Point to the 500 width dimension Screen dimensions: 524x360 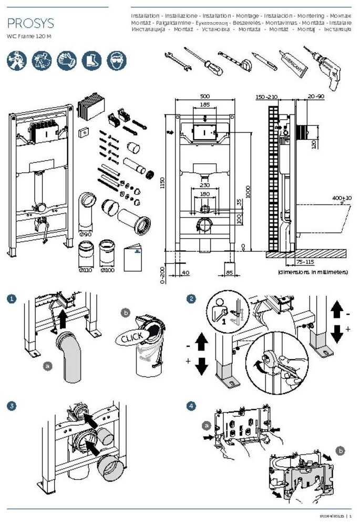pyautogui.click(x=204, y=97)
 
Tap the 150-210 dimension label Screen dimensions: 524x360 pyautogui.click(x=266, y=97)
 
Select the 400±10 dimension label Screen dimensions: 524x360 pyautogui.click(x=342, y=198)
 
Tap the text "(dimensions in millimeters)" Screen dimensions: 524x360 pyautogui.click(x=313, y=272)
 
